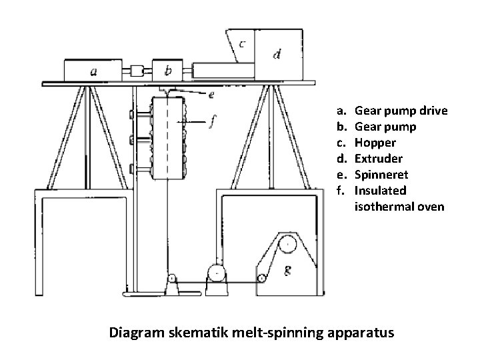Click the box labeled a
click(x=93, y=70)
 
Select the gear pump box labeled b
click(x=169, y=69)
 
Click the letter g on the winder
click(x=287, y=270)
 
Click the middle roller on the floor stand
click(x=216, y=272)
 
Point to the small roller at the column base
click(x=171, y=278)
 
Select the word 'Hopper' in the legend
click(x=375, y=142)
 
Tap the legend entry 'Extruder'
click(x=379, y=158)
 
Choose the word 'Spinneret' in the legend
click(x=381, y=174)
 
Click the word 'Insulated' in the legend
click(x=380, y=191)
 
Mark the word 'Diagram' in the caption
click(x=136, y=331)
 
